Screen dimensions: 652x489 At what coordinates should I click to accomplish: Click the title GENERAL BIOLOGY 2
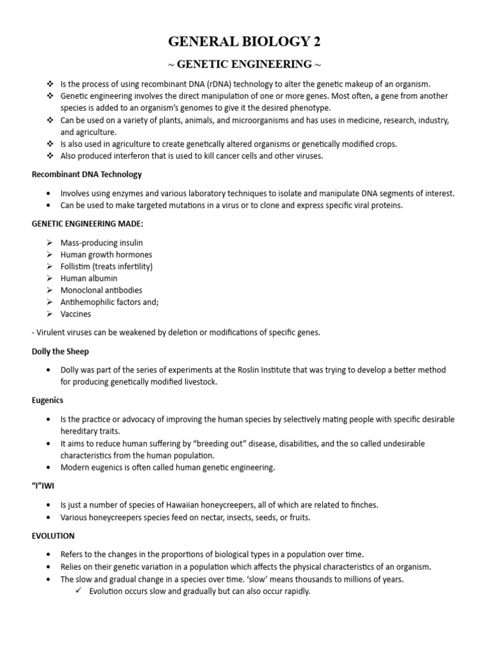click(244, 43)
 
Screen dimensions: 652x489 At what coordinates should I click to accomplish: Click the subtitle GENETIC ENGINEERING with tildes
click(244, 64)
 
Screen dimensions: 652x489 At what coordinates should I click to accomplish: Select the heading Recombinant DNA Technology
click(87, 174)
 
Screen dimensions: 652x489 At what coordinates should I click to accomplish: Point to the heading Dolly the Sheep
click(61, 352)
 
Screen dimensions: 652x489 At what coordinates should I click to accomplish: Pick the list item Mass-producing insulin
click(102, 243)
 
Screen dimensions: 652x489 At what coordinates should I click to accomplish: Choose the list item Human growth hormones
click(106, 255)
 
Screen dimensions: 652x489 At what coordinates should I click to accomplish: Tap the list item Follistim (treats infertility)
click(107, 267)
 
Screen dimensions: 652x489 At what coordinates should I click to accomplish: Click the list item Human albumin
click(89, 278)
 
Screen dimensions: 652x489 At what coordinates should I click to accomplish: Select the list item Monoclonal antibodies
click(101, 290)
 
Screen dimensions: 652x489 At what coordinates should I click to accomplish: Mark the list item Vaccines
click(76, 314)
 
